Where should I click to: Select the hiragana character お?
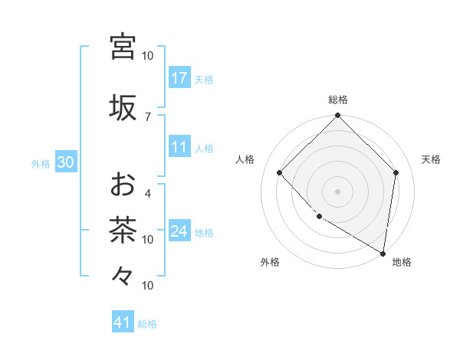click(x=123, y=184)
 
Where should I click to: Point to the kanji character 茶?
click(x=123, y=229)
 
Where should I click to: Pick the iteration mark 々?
click(x=123, y=274)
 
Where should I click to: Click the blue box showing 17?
click(x=179, y=78)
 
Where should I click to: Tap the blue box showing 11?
click(x=179, y=147)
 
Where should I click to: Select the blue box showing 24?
click(x=179, y=231)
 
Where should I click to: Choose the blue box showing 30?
click(x=65, y=163)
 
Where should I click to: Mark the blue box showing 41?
click(x=123, y=323)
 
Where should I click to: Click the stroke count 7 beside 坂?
click(x=148, y=116)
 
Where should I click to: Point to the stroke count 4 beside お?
click(x=148, y=193)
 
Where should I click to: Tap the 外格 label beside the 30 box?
click(x=41, y=164)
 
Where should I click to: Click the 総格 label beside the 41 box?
click(x=147, y=324)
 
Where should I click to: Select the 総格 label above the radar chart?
click(x=338, y=100)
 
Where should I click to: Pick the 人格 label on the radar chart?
click(x=245, y=159)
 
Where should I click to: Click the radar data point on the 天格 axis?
click(x=396, y=172)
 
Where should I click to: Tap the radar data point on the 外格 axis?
click(x=319, y=217)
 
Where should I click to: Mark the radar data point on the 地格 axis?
click(x=383, y=252)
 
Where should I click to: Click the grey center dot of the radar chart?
click(x=338, y=191)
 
